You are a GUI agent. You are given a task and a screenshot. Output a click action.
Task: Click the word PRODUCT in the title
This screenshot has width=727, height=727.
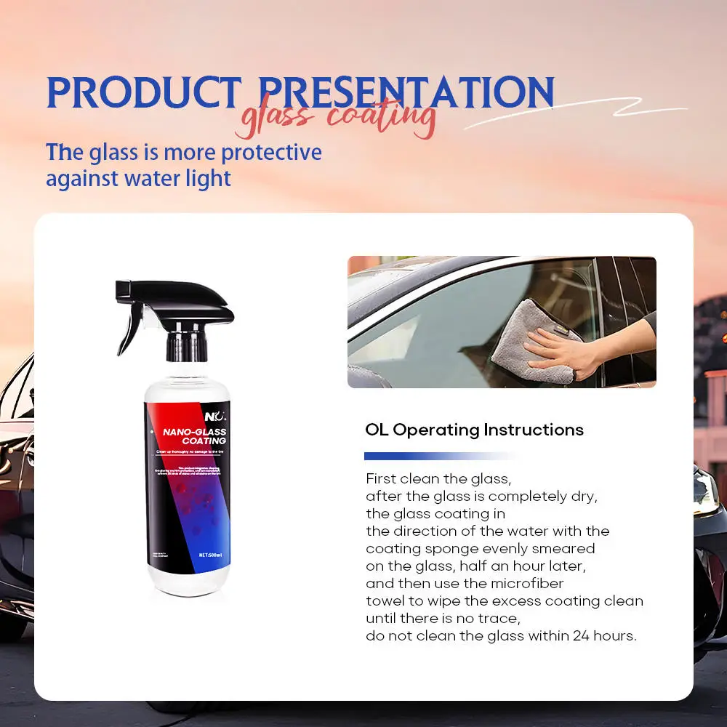(143, 92)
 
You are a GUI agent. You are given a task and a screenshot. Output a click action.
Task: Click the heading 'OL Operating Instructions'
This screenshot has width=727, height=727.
(474, 430)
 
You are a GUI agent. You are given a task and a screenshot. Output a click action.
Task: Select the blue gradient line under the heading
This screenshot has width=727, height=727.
(436, 457)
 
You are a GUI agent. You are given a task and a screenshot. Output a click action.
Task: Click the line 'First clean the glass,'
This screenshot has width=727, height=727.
(439, 479)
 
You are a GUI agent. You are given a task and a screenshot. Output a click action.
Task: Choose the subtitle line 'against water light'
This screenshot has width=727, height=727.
(138, 178)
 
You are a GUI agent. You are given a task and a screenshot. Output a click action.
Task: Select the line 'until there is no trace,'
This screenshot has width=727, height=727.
(443, 618)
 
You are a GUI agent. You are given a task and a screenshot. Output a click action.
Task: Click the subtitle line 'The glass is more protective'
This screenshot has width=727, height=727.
(183, 153)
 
